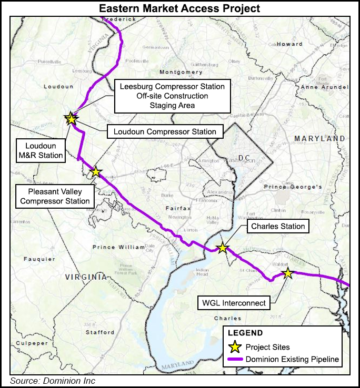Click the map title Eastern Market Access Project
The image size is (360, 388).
(x=179, y=8)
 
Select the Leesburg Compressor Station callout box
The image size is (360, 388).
(x=172, y=96)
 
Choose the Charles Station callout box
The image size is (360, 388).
(x=278, y=227)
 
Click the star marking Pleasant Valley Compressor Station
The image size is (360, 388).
(x=96, y=172)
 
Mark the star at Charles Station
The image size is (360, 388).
(x=223, y=248)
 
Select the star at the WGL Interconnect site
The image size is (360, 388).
(x=287, y=273)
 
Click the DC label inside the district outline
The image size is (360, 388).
(x=243, y=158)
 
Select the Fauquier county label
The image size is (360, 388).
(x=39, y=259)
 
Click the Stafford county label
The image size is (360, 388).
(x=100, y=332)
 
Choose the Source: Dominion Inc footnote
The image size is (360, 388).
(x=53, y=381)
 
